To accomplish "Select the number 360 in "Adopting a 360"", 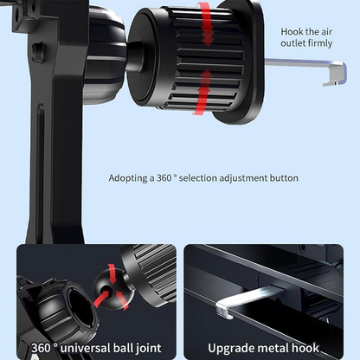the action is click(x=164, y=178).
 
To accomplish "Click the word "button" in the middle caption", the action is click(x=284, y=178).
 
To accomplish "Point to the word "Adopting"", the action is click(x=128, y=178).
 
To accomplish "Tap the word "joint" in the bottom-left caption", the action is click(x=149, y=348).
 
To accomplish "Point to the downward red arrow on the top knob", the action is click(x=207, y=23).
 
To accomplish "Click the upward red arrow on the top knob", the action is click(x=203, y=93).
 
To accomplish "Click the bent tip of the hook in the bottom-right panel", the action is click(x=224, y=309).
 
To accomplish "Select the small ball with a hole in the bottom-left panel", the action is click(x=110, y=289).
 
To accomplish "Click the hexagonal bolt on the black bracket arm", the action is click(x=37, y=52).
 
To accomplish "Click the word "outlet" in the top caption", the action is click(x=292, y=43).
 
